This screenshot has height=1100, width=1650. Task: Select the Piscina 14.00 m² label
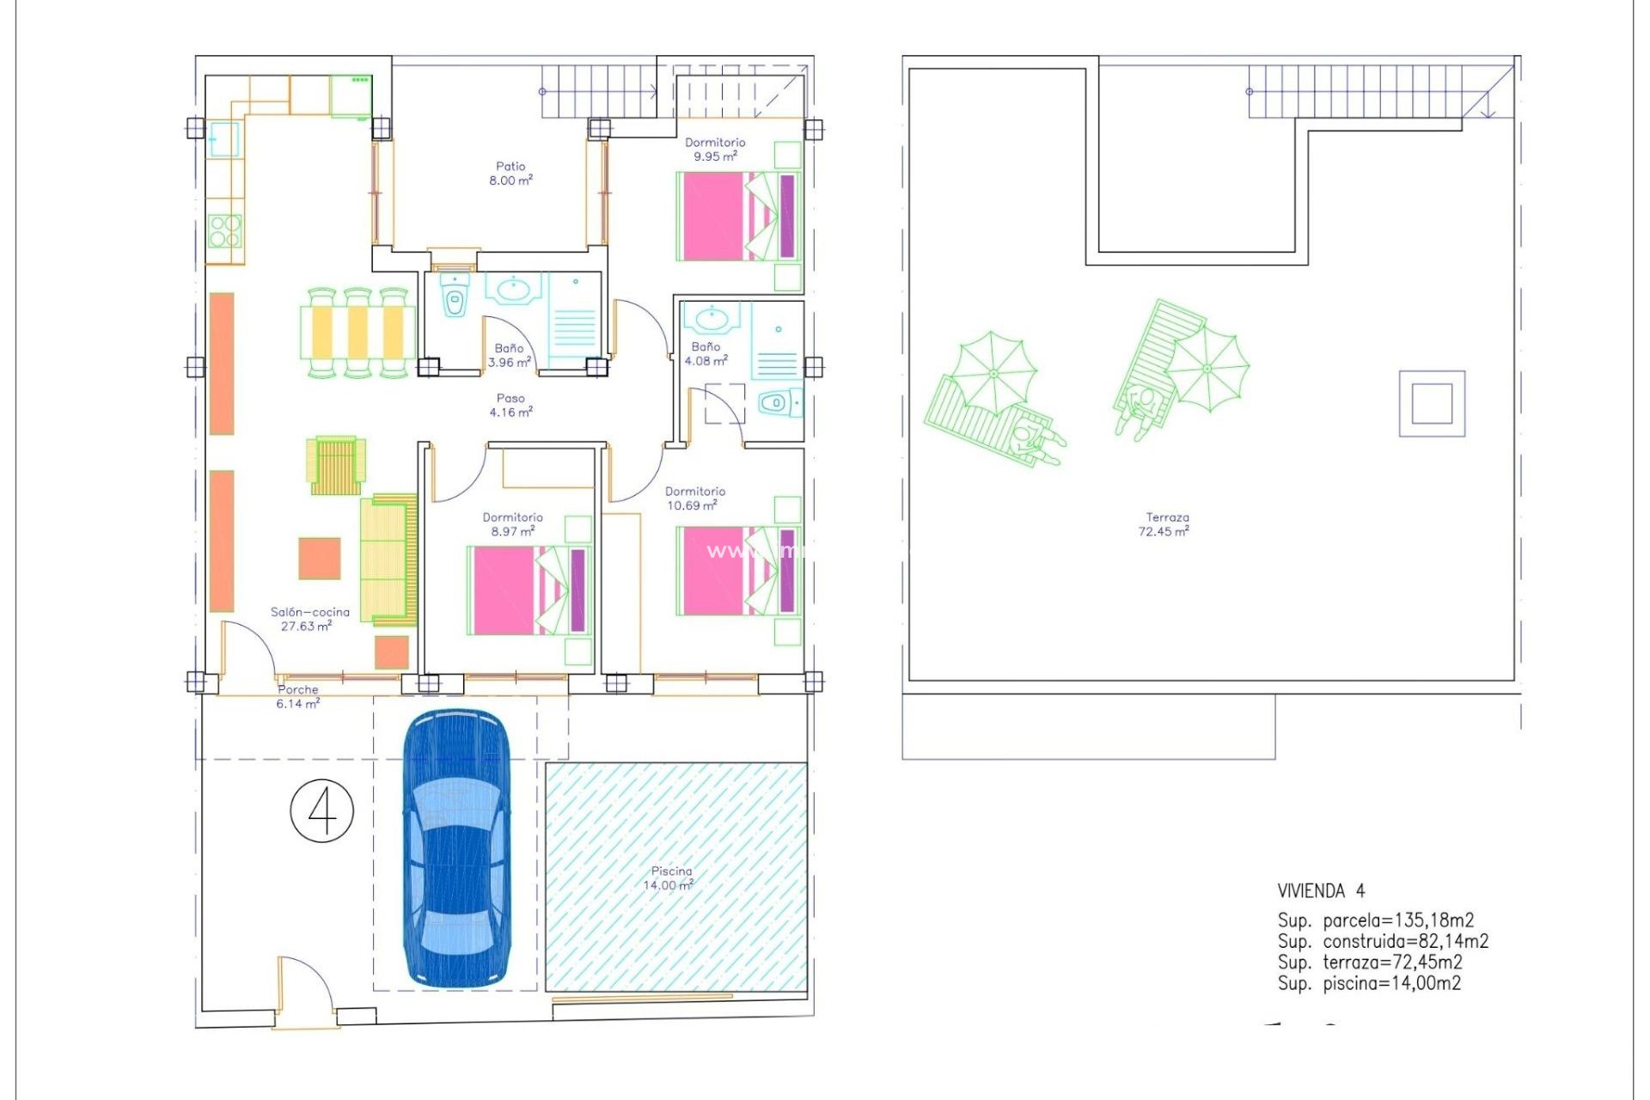pyautogui.click(x=669, y=878)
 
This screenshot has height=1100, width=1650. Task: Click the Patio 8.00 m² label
pyautogui.click(x=510, y=173)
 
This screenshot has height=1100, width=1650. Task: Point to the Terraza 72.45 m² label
pyautogui.click(x=1165, y=524)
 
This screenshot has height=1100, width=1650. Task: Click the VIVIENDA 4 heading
pyautogui.click(x=1320, y=891)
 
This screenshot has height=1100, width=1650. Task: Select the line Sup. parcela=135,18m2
pyautogui.click(x=1375, y=920)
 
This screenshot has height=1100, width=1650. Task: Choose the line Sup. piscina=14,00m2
pyautogui.click(x=1368, y=983)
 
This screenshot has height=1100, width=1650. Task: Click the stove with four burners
pyautogui.click(x=225, y=231)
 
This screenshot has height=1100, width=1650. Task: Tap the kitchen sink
pyautogui.click(x=223, y=140)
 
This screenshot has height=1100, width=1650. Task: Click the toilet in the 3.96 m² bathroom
pyautogui.click(x=455, y=302)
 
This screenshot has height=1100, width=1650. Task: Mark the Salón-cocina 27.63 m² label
pyautogui.click(x=309, y=619)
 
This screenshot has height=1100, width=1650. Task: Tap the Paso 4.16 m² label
pyautogui.click(x=510, y=405)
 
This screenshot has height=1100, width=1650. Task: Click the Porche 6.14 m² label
pyautogui.click(x=297, y=696)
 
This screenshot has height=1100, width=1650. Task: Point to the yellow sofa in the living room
pyautogui.click(x=388, y=559)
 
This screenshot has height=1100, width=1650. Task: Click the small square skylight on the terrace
pyautogui.click(x=1432, y=404)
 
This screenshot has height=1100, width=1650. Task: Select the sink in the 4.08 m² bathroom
pyautogui.click(x=712, y=319)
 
